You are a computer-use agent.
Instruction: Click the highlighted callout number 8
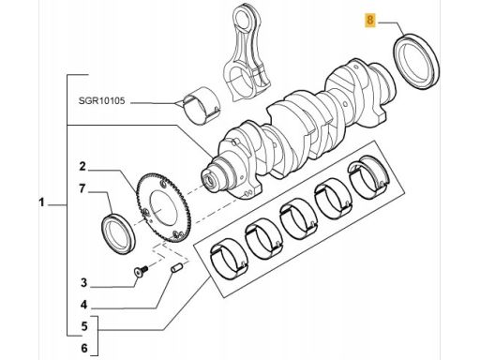click(370, 21)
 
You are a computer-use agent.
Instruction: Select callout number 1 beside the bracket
click(41, 202)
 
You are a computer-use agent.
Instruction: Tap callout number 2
click(82, 167)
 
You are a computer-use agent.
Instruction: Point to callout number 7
click(82, 188)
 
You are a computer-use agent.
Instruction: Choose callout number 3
click(83, 283)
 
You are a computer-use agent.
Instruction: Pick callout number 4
click(83, 305)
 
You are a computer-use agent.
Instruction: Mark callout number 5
click(84, 326)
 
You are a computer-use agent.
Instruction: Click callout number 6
click(84, 348)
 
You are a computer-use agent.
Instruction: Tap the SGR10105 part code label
click(101, 101)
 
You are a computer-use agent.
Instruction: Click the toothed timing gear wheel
click(163, 207)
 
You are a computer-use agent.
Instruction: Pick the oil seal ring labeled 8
click(415, 63)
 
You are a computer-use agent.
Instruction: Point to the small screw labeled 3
click(141, 271)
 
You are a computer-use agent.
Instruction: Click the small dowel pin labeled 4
click(177, 268)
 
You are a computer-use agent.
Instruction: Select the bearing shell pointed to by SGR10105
click(202, 106)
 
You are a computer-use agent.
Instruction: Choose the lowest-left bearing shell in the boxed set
click(229, 258)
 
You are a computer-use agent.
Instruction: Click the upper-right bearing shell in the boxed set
click(369, 177)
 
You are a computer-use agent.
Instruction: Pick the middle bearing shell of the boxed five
click(299, 217)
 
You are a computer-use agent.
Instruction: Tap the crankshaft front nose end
click(211, 180)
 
